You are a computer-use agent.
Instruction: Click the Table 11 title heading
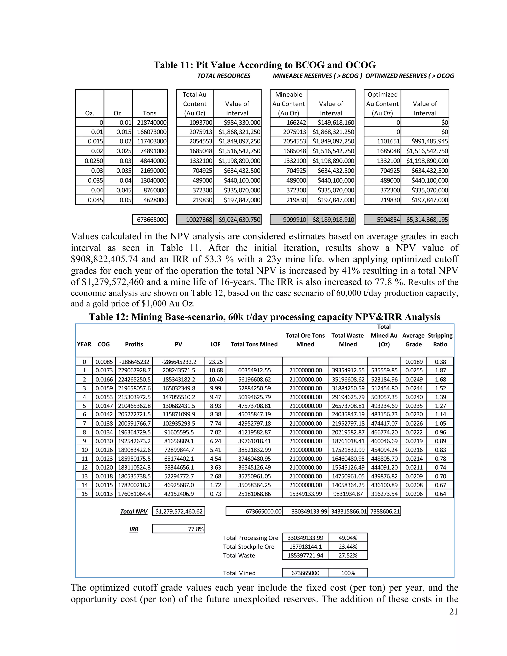[265, 65]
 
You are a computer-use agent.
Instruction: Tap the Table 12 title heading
[265, 317]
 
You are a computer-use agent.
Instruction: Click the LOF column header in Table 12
[215, 344]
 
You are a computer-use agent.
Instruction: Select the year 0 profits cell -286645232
[134, 362]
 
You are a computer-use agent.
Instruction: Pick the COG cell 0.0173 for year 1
[104, 371]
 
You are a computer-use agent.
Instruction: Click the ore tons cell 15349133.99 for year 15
[305, 494]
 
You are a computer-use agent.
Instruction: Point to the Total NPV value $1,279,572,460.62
[179, 511]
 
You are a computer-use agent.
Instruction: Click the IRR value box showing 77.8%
[179, 529]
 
